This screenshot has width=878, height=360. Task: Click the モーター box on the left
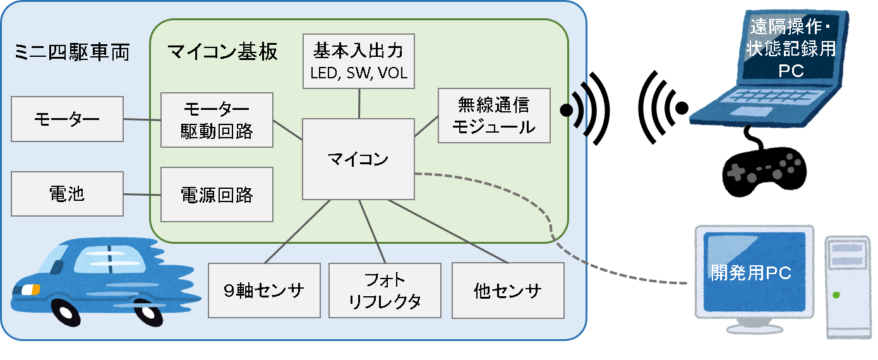click(68, 119)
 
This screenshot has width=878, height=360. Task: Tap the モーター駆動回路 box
click(217, 120)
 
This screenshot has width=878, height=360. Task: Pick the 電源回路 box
click(217, 195)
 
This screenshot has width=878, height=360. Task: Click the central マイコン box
click(358, 159)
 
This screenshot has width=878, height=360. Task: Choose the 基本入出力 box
click(359, 61)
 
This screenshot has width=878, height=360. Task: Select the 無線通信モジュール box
click(494, 115)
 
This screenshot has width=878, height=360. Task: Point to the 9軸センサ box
click(265, 291)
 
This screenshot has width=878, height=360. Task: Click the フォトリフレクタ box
click(385, 291)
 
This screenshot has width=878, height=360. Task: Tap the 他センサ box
click(508, 291)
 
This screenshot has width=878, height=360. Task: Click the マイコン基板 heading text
click(222, 52)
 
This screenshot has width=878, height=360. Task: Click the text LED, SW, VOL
click(359, 73)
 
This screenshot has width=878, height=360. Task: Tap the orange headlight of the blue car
click(30, 289)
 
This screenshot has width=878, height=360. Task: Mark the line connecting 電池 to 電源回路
click(142, 194)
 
